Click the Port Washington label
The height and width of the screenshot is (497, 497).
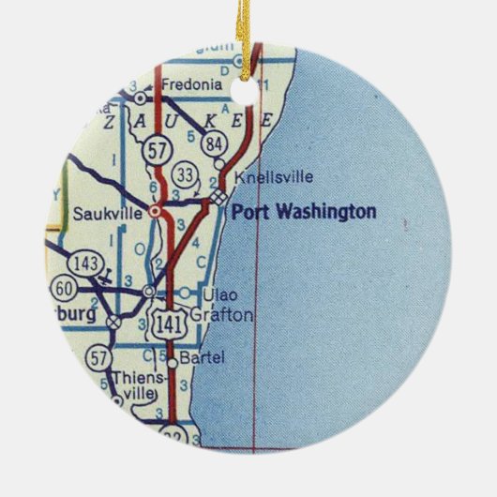point(303,213)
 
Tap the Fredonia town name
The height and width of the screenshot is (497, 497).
point(191,85)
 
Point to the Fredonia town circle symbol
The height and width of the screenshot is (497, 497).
point(140,96)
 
